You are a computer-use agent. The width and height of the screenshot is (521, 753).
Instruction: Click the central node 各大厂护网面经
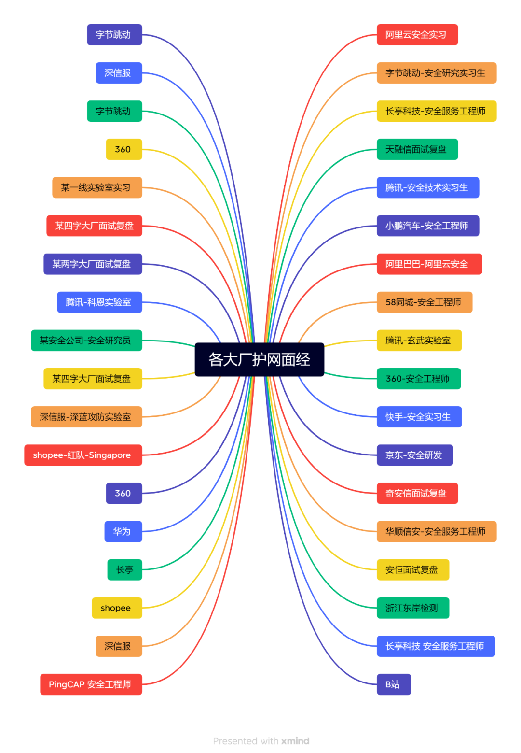point(259,359)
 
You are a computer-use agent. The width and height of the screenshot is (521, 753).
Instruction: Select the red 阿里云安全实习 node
point(417,35)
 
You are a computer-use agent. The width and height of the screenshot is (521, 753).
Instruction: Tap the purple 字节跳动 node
point(114,35)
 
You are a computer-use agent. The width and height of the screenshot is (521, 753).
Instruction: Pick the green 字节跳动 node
point(114,111)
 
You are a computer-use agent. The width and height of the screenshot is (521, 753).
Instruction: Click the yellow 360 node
point(123,149)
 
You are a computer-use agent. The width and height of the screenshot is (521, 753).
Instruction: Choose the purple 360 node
point(123,493)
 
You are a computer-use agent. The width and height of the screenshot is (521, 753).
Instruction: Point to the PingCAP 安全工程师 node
point(91,684)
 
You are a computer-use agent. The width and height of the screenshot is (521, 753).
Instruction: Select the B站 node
point(394,684)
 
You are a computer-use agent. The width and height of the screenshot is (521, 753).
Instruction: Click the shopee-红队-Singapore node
point(83,455)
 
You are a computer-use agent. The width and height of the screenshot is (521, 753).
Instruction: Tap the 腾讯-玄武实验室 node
point(419,341)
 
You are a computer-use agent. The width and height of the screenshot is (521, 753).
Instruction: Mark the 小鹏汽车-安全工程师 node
point(427,226)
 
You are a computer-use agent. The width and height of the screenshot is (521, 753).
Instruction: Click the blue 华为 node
point(123,531)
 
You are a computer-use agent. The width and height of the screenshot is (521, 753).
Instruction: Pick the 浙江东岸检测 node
point(412,608)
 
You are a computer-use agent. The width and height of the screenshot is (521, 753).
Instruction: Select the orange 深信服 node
point(118,646)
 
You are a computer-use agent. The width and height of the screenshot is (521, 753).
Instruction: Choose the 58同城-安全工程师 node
point(424,302)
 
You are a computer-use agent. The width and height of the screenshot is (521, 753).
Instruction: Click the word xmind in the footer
point(295,741)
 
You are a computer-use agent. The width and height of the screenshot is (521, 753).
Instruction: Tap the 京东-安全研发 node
point(414,455)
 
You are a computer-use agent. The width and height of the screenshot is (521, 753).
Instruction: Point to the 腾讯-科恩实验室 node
point(99,302)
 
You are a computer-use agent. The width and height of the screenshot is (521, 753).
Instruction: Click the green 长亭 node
point(124,570)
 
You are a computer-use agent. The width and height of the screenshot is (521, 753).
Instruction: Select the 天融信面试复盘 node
point(417,149)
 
